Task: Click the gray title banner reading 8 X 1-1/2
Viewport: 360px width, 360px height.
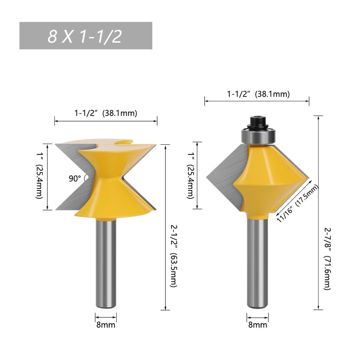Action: point(85,36)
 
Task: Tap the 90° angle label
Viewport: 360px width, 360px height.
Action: point(75,178)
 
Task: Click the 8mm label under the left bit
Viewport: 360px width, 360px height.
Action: point(106,325)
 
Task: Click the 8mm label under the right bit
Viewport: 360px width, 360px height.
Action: point(258,325)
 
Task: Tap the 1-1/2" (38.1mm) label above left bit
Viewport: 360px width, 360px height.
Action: point(105,113)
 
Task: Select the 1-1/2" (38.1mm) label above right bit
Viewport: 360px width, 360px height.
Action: point(258,94)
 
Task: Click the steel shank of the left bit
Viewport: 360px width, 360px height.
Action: point(105,262)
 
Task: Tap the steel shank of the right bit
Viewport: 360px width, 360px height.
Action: point(258,262)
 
